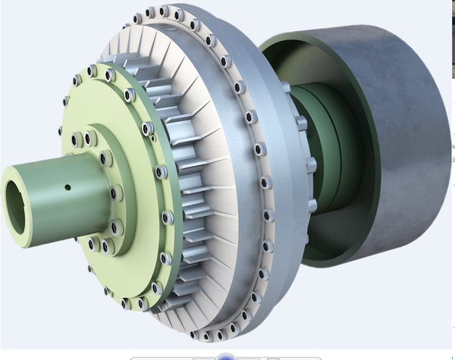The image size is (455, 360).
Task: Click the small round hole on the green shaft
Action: pyautogui.click(x=67, y=187)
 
